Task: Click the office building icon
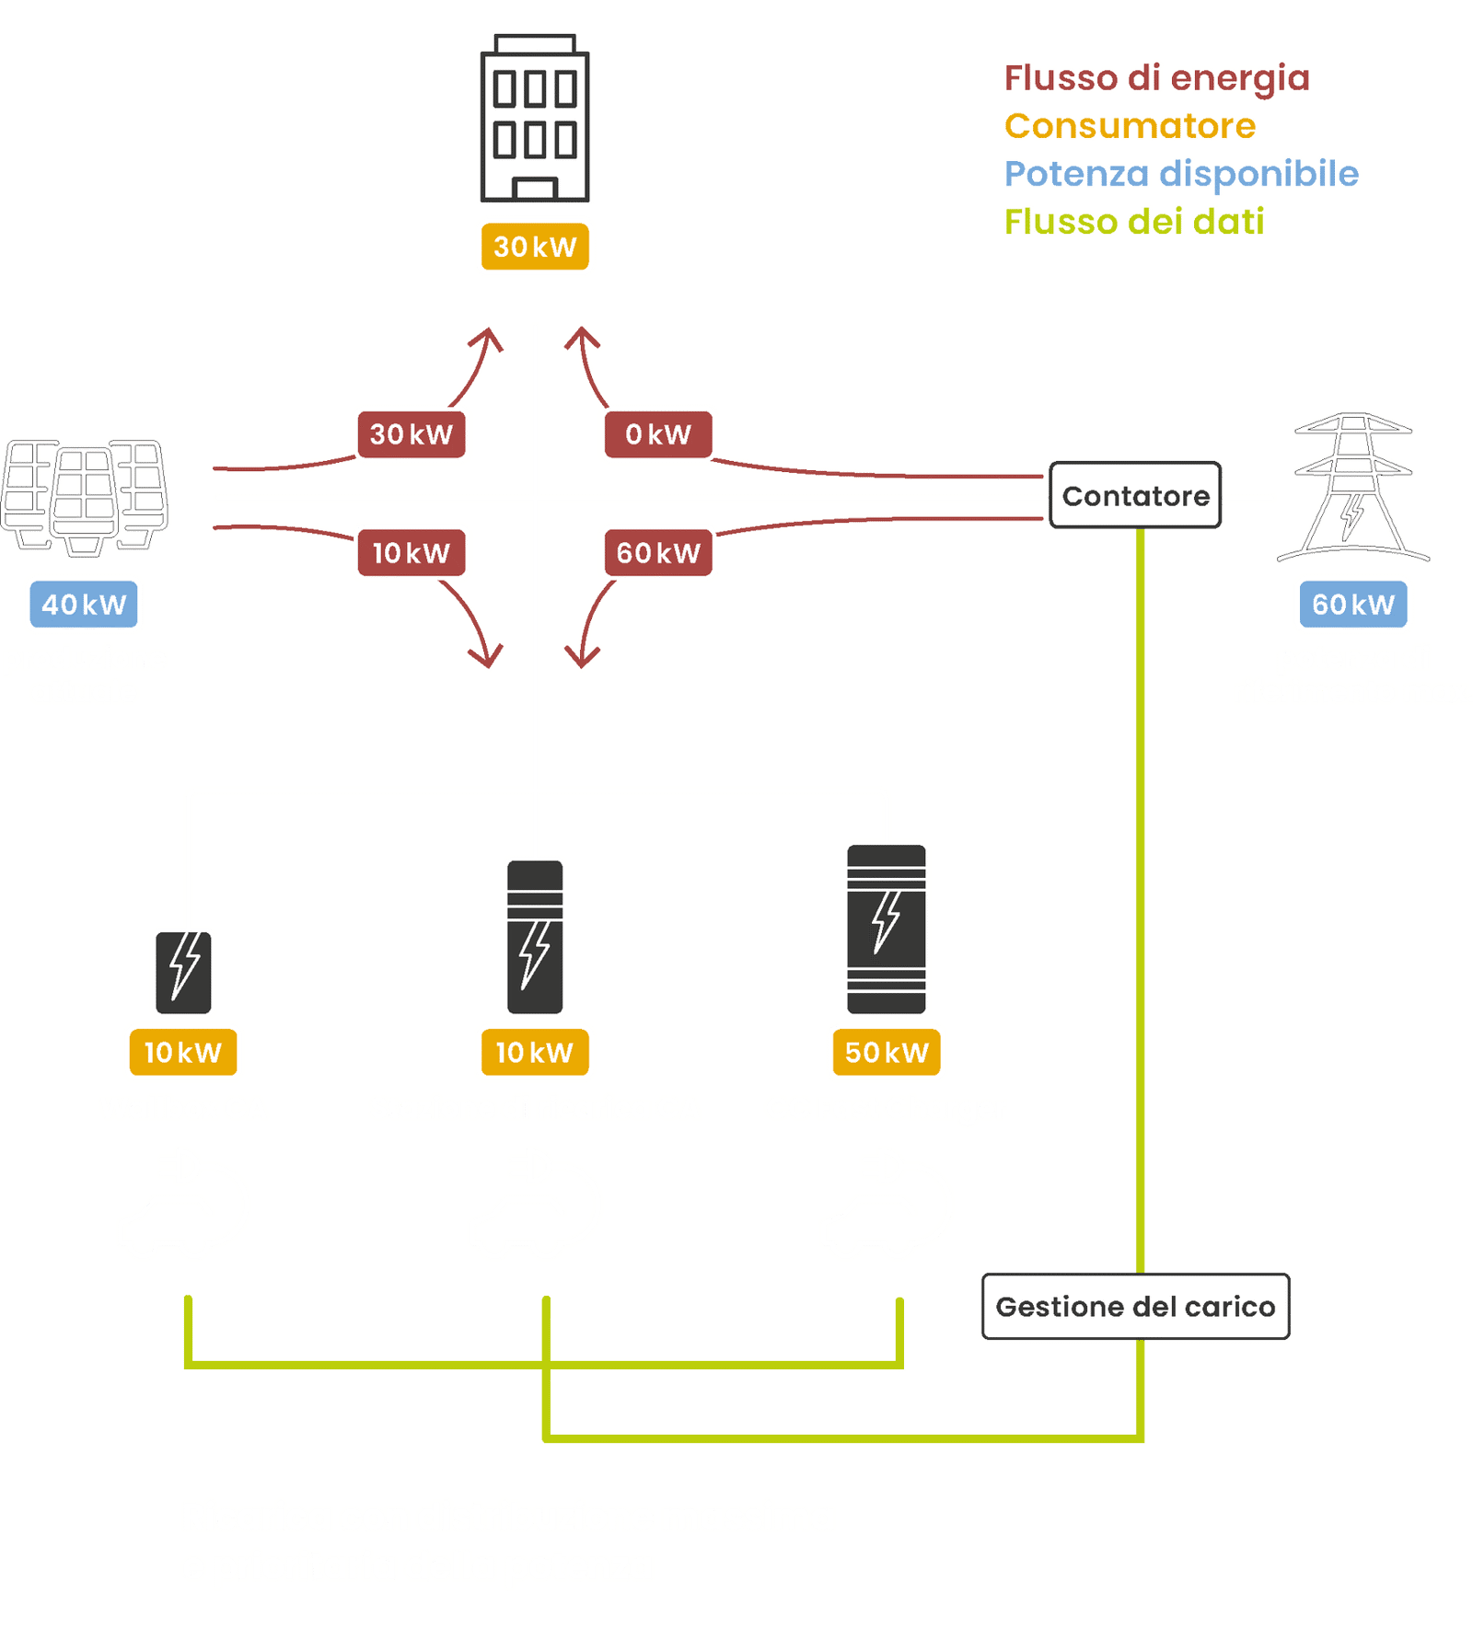pyautogui.click(x=535, y=120)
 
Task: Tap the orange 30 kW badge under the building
pyautogui.click(x=535, y=247)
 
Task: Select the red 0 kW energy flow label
pyautogui.click(x=657, y=434)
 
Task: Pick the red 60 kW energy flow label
pyautogui.click(x=657, y=553)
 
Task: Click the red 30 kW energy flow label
pyautogui.click(x=412, y=434)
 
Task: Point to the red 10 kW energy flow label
pyautogui.click(x=412, y=553)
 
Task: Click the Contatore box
pyautogui.click(x=1135, y=496)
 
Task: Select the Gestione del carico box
pyautogui.click(x=1135, y=1307)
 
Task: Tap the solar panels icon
pyautogui.click(x=86, y=497)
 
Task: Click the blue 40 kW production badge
pyautogui.click(x=84, y=605)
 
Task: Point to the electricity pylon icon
pyautogui.click(x=1352, y=488)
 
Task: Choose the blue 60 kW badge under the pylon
pyautogui.click(x=1352, y=605)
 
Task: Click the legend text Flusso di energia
pyautogui.click(x=1156, y=78)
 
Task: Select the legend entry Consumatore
pyautogui.click(x=1130, y=126)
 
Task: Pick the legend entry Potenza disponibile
pyautogui.click(x=1181, y=174)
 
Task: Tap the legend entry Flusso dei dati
pyautogui.click(x=1133, y=222)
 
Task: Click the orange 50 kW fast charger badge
pyautogui.click(x=887, y=1052)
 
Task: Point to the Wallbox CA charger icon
pyautogui.click(x=183, y=972)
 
